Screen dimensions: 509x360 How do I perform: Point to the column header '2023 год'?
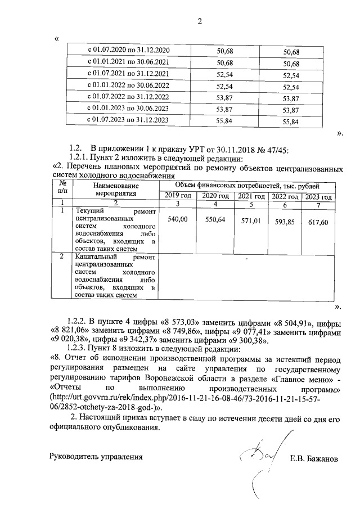[319, 196]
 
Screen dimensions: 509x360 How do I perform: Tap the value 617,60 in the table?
[318, 223]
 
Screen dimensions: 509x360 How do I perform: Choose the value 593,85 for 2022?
[284, 222]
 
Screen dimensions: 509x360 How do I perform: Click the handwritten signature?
[256, 454]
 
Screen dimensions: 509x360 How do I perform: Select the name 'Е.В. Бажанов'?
[314, 459]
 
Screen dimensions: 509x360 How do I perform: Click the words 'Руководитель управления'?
[96, 456]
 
